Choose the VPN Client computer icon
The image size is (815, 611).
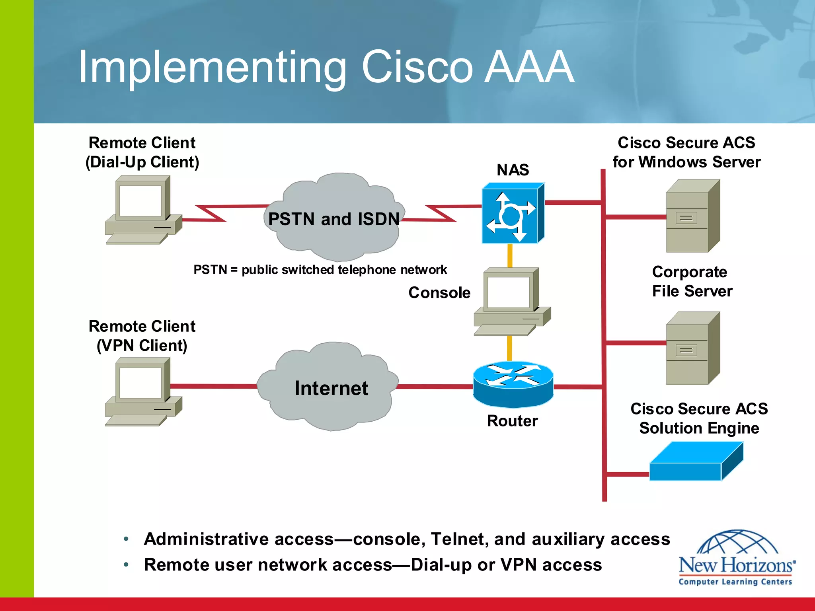(x=142, y=392)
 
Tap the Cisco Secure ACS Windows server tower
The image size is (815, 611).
(x=692, y=217)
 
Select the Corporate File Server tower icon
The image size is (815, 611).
(x=692, y=349)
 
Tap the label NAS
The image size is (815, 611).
(x=513, y=170)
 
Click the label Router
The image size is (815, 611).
(x=512, y=421)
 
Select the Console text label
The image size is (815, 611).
(x=439, y=293)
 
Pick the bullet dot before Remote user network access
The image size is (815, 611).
(x=126, y=565)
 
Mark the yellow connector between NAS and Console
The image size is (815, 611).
(x=509, y=255)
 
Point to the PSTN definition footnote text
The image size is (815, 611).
(x=320, y=270)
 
